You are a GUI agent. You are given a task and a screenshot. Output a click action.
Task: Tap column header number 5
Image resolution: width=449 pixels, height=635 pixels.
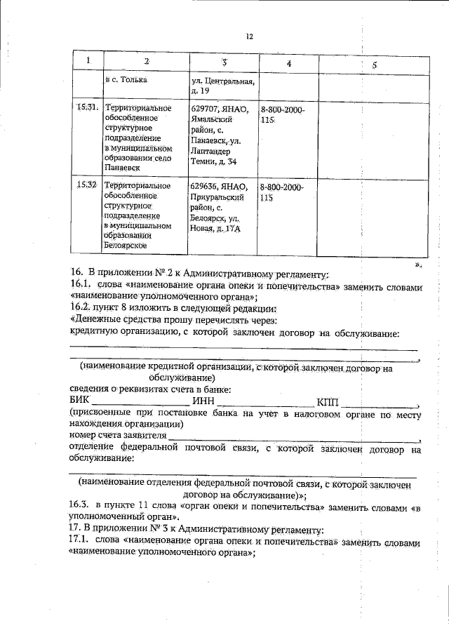pos(375,64)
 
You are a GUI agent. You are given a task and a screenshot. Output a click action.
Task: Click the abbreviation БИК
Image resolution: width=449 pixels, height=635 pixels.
pos(81,401)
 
